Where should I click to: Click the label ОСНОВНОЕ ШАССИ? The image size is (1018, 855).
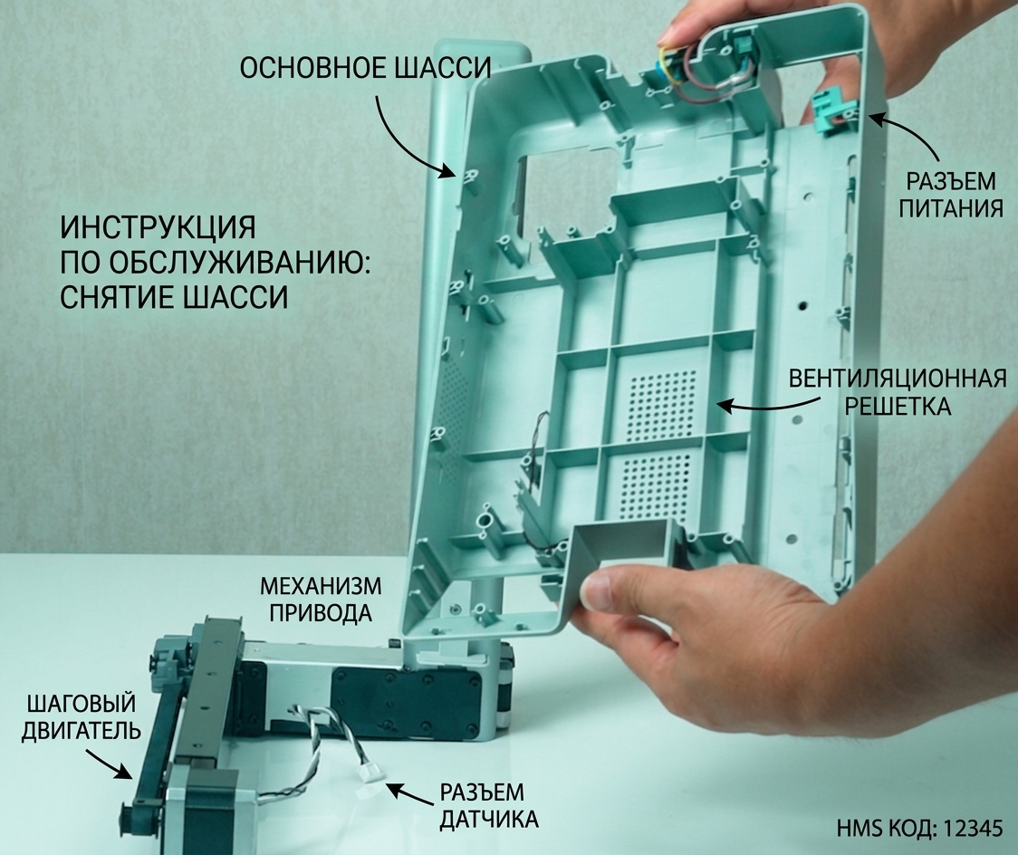[366, 68]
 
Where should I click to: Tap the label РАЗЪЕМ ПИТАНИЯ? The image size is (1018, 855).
[950, 194]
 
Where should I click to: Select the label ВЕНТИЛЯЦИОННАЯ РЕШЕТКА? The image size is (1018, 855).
[898, 392]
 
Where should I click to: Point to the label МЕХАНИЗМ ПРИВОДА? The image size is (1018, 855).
[321, 599]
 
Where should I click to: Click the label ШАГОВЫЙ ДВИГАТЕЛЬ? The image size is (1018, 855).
[82, 716]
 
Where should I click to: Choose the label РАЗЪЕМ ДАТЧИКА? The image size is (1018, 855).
[489, 806]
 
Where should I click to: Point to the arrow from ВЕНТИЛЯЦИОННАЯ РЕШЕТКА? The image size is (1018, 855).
[768, 407]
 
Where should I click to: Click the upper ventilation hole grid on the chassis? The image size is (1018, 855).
[662, 405]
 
